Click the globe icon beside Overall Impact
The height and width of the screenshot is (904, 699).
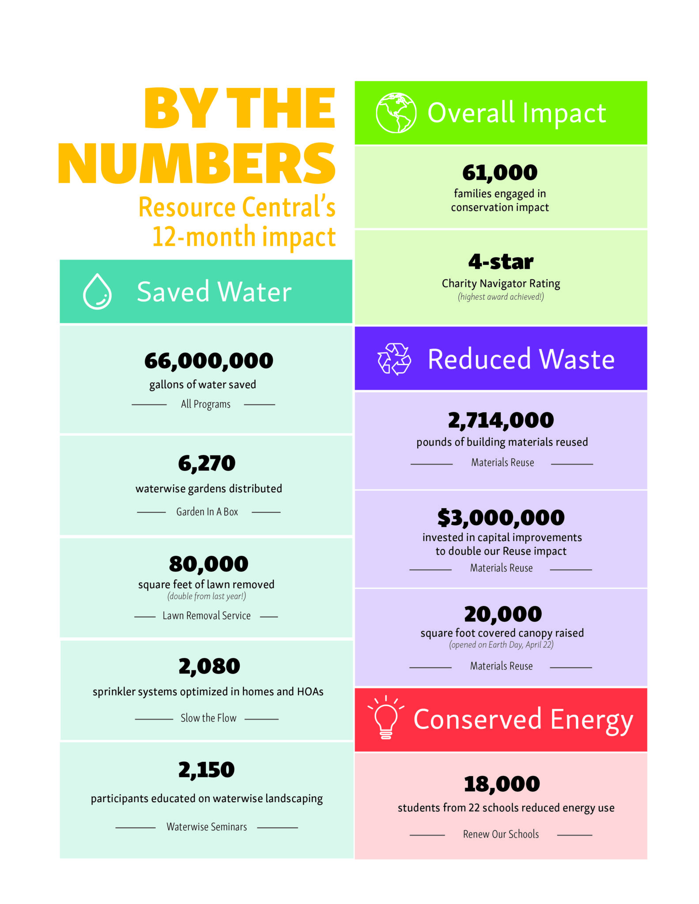tap(396, 113)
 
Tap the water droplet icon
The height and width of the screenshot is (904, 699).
tap(97, 292)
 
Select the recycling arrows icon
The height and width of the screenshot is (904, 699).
tap(394, 359)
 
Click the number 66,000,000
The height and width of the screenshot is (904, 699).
tap(208, 361)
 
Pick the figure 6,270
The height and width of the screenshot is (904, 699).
tap(207, 463)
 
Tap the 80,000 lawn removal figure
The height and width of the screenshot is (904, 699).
tap(208, 564)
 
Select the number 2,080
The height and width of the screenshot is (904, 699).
tap(209, 666)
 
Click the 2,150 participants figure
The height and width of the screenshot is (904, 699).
tap(206, 770)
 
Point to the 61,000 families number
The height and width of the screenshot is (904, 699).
tap(500, 173)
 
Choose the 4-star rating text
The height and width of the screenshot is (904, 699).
tap(501, 262)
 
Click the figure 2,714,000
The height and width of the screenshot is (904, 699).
tap(501, 420)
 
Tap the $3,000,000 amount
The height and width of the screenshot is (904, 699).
tap(501, 518)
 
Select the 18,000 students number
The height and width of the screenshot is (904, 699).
tap(502, 784)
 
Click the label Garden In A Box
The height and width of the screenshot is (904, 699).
tap(207, 512)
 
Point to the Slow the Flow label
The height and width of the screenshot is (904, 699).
tap(208, 718)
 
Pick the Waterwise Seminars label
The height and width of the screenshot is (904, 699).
tap(207, 827)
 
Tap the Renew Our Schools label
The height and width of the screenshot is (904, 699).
tap(501, 834)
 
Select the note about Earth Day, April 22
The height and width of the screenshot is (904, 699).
tap(501, 645)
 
